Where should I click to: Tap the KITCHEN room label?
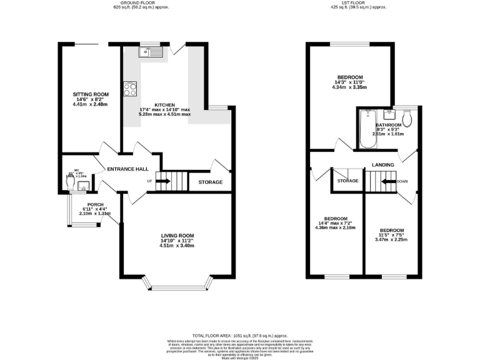(x=165, y=105)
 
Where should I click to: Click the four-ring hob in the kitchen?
(x=131, y=89)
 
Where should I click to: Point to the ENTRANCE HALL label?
(x=127, y=169)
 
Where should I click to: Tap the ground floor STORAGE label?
(x=210, y=182)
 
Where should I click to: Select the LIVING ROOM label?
(x=177, y=236)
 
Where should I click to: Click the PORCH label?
(x=95, y=204)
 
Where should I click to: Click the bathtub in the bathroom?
(x=367, y=129)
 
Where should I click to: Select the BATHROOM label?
(x=388, y=124)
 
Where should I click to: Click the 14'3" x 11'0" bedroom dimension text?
(x=350, y=82)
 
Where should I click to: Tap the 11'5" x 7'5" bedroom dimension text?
(x=391, y=234)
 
